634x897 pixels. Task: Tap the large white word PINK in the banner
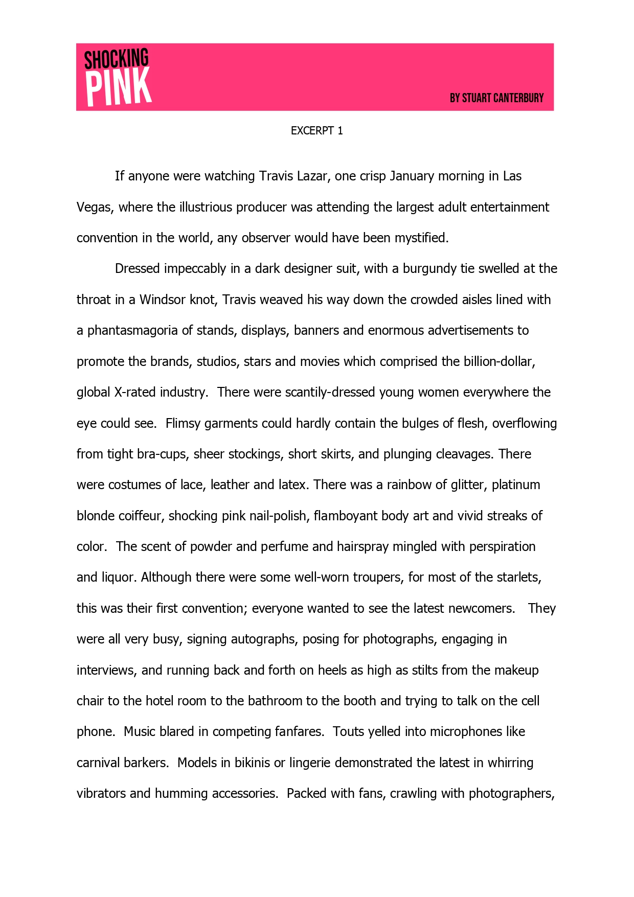pyautogui.click(x=119, y=88)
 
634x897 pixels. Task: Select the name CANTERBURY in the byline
pyautogui.click(x=518, y=98)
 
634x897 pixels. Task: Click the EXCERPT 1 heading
pyautogui.click(x=316, y=131)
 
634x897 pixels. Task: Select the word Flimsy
pyautogui.click(x=183, y=423)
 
